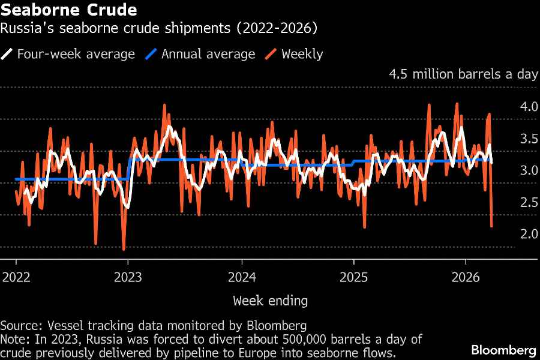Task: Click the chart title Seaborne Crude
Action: pos(68,10)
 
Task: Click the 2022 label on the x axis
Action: pos(16,278)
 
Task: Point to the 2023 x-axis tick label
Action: pos(128,278)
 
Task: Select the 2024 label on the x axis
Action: pos(241,278)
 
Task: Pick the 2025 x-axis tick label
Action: pos(353,278)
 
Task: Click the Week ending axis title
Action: pos(270,301)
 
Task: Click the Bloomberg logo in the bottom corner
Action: pos(503,350)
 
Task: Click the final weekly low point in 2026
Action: pos(492,227)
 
